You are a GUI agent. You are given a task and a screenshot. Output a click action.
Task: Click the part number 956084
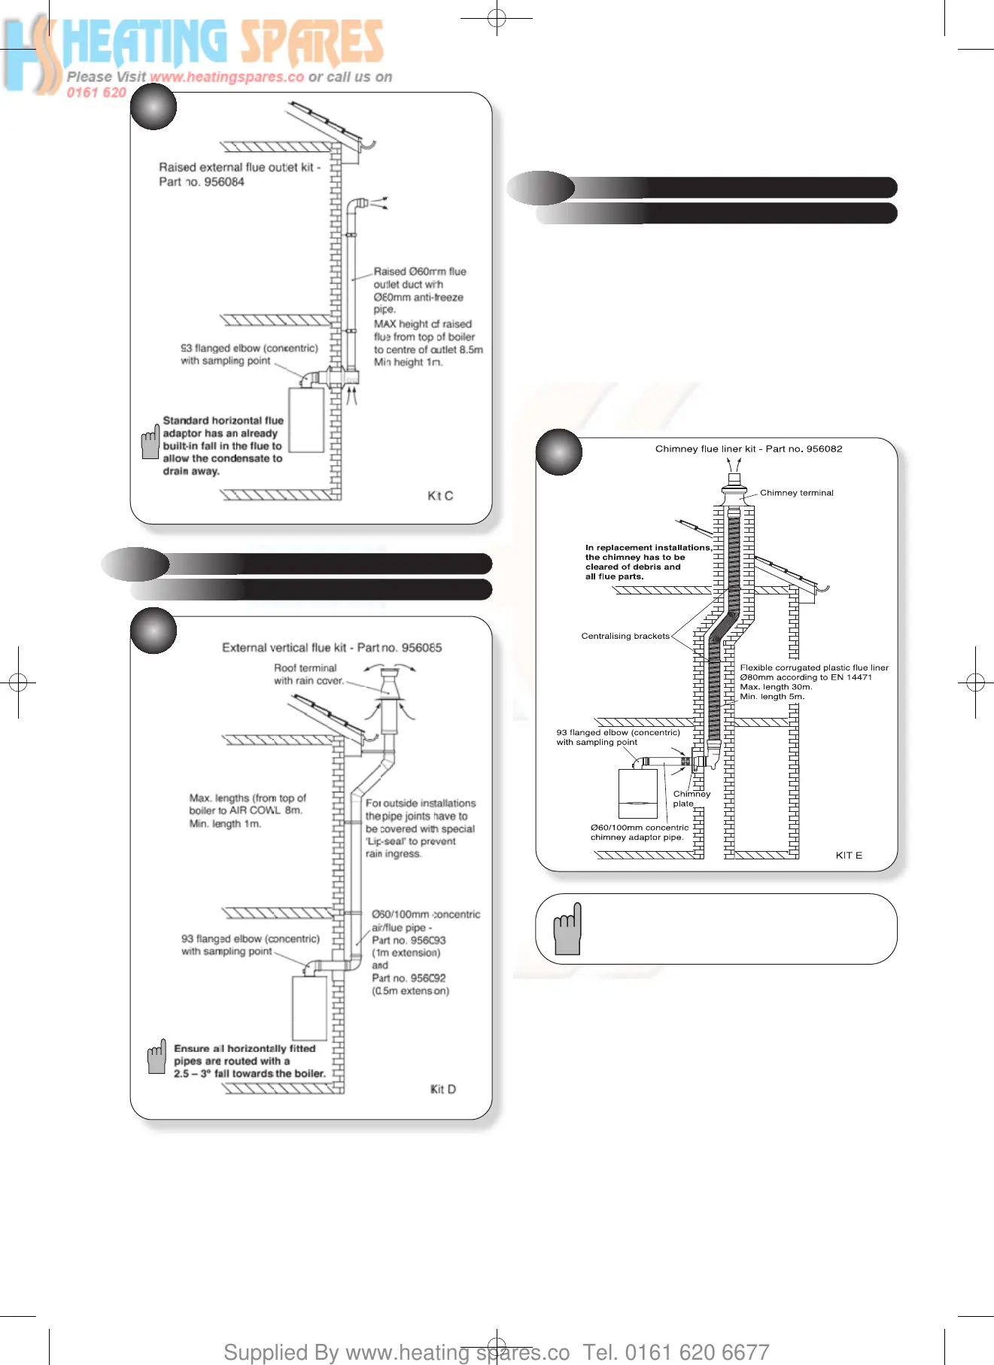tap(224, 182)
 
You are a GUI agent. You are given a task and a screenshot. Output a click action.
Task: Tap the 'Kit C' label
tap(440, 496)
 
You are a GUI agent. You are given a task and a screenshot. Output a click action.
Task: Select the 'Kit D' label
tap(443, 1090)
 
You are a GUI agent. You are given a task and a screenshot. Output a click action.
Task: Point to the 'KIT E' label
tap(849, 856)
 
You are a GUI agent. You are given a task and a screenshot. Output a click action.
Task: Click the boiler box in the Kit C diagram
tap(306, 420)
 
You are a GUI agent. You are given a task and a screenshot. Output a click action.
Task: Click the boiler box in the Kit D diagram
tap(309, 1008)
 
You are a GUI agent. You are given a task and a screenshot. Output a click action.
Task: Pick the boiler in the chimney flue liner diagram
tap(638, 793)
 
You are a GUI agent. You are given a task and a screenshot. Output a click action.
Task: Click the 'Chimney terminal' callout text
tap(796, 493)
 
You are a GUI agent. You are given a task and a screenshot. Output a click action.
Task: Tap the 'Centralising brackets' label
tap(625, 637)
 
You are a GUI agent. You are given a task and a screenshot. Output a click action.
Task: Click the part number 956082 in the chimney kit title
tap(824, 449)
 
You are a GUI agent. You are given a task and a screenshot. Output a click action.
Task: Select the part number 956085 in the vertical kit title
tap(421, 648)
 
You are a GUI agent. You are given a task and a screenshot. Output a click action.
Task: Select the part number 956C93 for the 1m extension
tap(427, 941)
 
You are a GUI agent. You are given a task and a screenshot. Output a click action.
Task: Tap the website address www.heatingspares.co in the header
tap(226, 77)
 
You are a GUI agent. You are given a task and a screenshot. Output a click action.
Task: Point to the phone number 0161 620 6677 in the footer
tap(697, 1352)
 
